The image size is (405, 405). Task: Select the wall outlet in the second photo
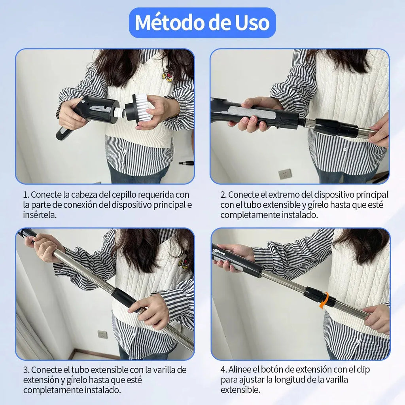pyautogui.click(x=285, y=174)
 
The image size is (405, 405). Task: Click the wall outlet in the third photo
pyautogui.click(x=102, y=334)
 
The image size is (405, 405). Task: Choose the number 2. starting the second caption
pyautogui.click(x=223, y=195)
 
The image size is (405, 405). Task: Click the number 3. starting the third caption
pyautogui.click(x=26, y=370)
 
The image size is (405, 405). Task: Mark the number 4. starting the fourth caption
pyautogui.click(x=223, y=370)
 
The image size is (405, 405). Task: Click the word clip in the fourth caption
pyautogui.click(x=363, y=370)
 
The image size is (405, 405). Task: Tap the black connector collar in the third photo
pyautogui.click(x=124, y=298)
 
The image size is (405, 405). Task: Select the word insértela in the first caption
pyautogui.click(x=40, y=215)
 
